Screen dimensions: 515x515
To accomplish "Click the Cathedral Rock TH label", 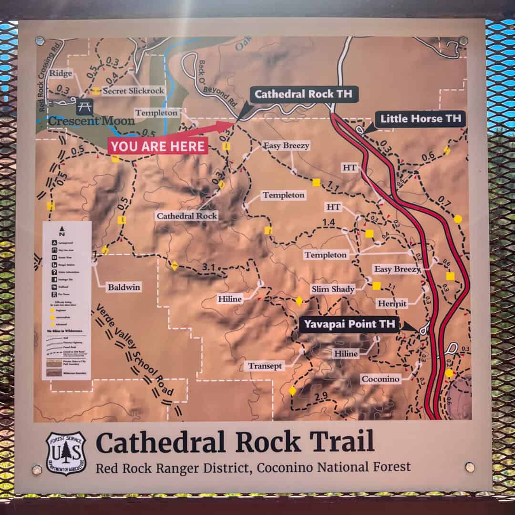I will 303,94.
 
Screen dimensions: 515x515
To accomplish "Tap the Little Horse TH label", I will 420,119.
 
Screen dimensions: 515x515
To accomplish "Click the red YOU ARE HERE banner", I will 157,146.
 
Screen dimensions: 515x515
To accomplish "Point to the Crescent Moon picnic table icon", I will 84,107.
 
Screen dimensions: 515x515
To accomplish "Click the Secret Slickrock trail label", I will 133,91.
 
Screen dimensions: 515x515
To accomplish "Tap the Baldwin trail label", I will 124,287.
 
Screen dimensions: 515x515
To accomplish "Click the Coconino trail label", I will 380,379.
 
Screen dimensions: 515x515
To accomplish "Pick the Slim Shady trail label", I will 333,289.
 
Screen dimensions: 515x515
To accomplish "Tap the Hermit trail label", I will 392,303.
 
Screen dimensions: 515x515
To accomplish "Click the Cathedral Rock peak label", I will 187,216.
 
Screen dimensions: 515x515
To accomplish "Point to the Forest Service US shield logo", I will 66,453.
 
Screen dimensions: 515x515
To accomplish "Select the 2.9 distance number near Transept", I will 321,396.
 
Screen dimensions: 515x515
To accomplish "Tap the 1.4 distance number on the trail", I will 329,222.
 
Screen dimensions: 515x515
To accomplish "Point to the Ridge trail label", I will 61,73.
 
